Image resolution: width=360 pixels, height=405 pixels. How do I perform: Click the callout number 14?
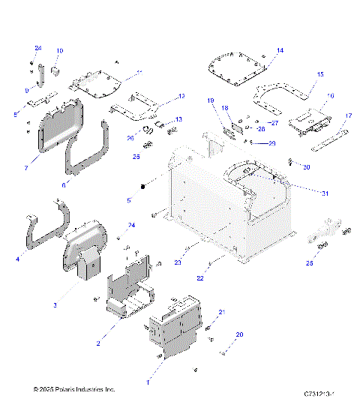coord(280,50)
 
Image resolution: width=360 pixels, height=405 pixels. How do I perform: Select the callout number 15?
coord(319,74)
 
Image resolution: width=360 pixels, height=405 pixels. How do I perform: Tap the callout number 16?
coord(331,96)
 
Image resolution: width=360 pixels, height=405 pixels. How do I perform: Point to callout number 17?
coord(348,115)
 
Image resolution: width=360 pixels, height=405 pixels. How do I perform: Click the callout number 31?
coord(325,193)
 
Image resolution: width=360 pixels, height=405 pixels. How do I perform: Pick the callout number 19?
coord(211,100)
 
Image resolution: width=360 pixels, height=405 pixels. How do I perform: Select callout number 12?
coord(181,96)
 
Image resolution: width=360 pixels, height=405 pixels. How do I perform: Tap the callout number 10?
coord(60,50)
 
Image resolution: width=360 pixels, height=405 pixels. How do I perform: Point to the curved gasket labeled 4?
coord(45,225)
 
